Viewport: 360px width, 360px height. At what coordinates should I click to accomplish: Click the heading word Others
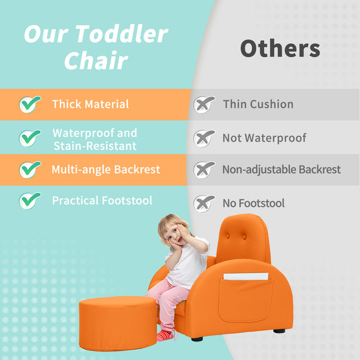(x=280, y=49)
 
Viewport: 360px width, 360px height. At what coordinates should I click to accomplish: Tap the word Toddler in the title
(x=122, y=34)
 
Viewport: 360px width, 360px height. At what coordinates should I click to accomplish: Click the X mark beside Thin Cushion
(x=204, y=104)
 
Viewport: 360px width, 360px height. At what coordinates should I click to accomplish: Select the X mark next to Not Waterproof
(x=204, y=138)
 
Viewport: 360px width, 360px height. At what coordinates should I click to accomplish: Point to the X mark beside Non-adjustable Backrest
(x=204, y=170)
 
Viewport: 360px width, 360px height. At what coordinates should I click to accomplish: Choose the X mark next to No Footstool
(x=204, y=203)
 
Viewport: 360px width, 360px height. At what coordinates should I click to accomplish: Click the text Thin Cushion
(x=258, y=104)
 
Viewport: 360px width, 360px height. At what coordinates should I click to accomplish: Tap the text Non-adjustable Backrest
(x=281, y=170)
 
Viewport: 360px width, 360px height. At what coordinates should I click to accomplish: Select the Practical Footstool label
(x=102, y=200)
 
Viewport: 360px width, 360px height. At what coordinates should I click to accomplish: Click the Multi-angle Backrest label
(x=106, y=170)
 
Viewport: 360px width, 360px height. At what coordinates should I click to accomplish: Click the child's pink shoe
(x=166, y=334)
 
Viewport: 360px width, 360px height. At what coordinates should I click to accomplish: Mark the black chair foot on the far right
(x=279, y=331)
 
